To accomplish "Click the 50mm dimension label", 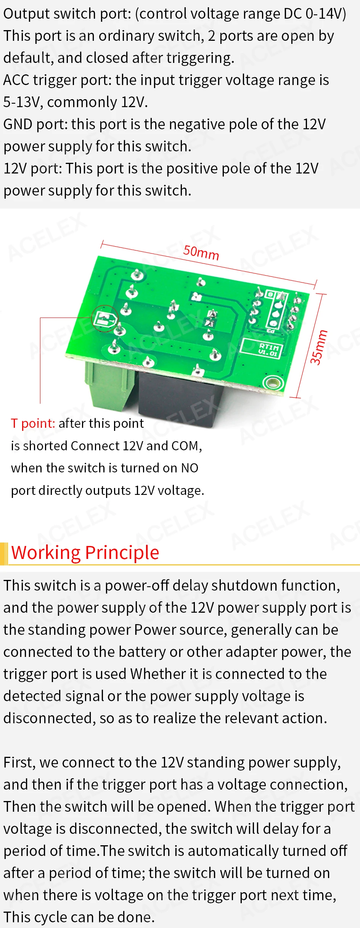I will [x=201, y=252].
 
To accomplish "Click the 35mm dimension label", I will [x=318, y=347].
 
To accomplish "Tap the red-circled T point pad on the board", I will [x=104, y=318].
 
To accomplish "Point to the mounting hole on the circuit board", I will [x=272, y=383].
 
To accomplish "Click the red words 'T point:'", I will [x=33, y=423].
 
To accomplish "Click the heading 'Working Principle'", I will [x=85, y=552].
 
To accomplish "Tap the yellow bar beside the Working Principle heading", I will [x=4, y=553].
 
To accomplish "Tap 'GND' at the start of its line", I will [x=18, y=124].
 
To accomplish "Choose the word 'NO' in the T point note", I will [x=190, y=468].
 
